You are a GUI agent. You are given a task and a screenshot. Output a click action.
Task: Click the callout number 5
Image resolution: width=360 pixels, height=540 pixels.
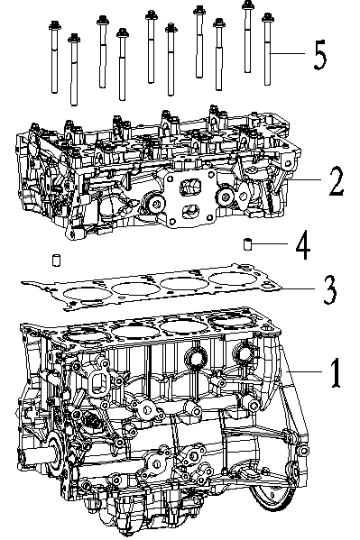click(320, 56)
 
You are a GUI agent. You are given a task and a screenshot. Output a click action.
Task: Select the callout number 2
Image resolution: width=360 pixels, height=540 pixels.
click(335, 182)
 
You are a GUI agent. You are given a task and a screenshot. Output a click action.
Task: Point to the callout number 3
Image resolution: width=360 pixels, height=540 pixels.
click(330, 289)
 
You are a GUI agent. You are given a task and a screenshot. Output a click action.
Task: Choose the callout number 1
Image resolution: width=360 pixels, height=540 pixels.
click(334, 371)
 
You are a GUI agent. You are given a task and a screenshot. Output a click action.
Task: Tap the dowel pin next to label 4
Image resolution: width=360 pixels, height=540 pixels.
click(246, 243)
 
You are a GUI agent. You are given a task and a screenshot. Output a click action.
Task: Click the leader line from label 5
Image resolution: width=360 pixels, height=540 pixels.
click(289, 55)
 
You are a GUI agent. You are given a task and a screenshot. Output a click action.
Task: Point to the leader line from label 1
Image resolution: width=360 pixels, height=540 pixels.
click(302, 371)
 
